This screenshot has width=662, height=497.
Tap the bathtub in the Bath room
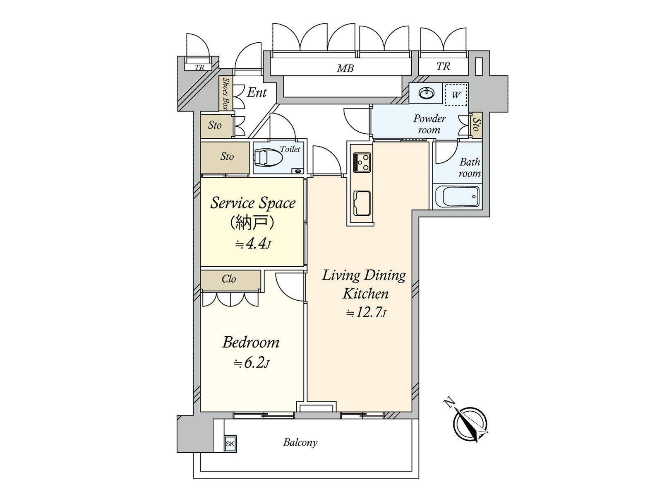(457, 196)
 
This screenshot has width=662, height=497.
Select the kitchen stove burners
(362, 162)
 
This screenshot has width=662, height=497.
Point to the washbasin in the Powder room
(426, 94)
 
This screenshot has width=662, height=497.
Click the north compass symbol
(470, 425)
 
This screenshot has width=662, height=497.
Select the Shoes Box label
(225, 93)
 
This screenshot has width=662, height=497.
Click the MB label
(345, 68)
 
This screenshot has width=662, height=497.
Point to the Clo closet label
(229, 279)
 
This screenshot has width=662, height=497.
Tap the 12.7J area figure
(366, 313)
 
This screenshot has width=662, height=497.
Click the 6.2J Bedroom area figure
(252, 363)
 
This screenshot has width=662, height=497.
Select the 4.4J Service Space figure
(253, 244)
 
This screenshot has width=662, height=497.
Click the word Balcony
(300, 442)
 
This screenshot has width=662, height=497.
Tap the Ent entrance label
(257, 92)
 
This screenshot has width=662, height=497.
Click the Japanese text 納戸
(252, 223)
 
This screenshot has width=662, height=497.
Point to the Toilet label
(290, 149)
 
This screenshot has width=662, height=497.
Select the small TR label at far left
(199, 67)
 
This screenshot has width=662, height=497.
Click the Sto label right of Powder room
(476, 124)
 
